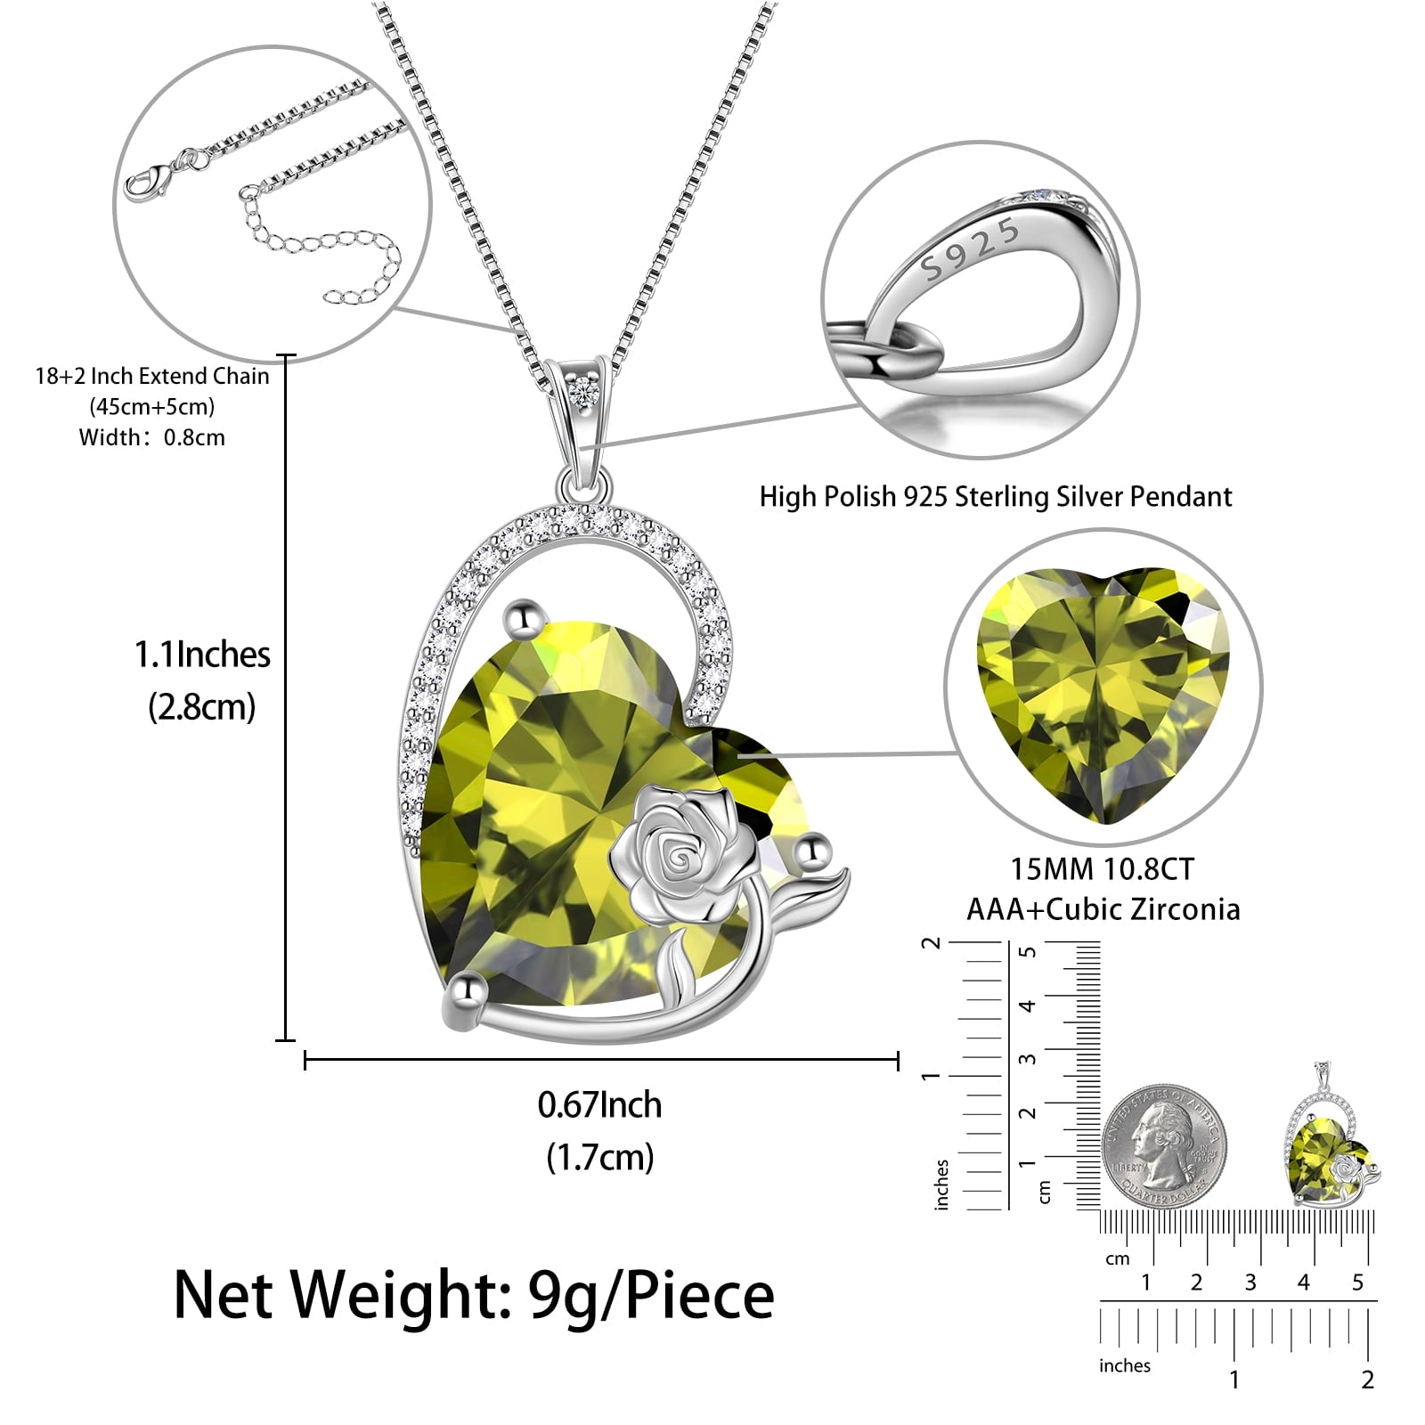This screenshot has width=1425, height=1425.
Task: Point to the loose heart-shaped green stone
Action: (1103, 694)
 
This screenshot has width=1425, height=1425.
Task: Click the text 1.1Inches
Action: (202, 655)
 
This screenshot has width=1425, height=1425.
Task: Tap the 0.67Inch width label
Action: (600, 1105)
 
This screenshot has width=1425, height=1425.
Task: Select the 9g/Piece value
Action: (651, 1296)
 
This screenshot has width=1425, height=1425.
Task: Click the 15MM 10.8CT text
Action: (1102, 868)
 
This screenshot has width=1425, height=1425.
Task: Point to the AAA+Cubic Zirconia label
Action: (1103, 909)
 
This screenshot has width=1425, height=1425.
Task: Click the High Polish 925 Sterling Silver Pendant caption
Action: (995, 496)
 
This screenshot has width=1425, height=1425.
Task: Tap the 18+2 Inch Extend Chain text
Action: (152, 376)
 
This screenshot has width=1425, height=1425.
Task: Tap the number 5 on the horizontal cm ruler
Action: (1357, 1282)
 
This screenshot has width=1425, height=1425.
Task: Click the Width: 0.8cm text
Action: (152, 437)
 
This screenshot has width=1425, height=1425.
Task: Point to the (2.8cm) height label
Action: (202, 707)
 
